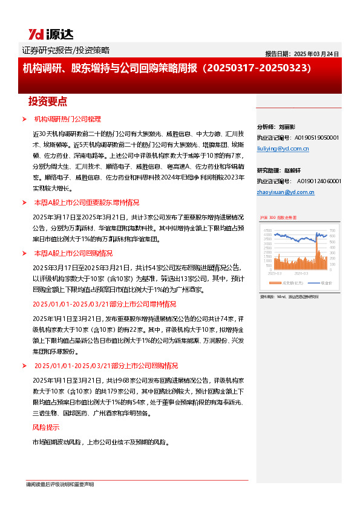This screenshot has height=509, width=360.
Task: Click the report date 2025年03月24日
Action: (x=303, y=53)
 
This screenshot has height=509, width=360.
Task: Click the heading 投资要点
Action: (x=48, y=101)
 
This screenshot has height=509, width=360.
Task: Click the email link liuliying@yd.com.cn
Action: (x=283, y=148)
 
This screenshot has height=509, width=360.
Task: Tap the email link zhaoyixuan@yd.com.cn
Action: (x=286, y=192)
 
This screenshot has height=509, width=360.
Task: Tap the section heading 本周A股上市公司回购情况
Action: (x=73, y=253)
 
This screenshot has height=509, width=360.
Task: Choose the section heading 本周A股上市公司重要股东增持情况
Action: (x=87, y=203)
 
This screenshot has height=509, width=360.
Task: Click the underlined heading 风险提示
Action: (x=44, y=427)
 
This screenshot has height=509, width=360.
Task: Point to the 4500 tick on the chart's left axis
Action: (x=267, y=230)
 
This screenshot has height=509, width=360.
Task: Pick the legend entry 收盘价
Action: (x=326, y=283)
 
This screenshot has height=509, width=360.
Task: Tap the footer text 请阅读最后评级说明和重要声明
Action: (x=59, y=484)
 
